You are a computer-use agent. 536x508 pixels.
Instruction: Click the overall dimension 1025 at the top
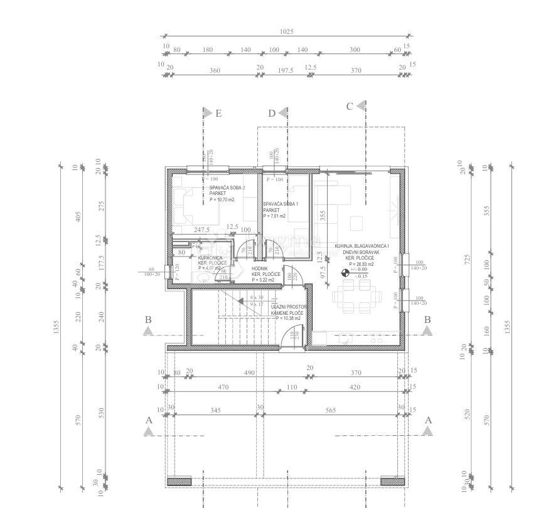click(x=286, y=31)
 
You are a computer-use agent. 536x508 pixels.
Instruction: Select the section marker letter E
click(x=218, y=114)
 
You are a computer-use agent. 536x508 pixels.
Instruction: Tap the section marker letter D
click(x=272, y=114)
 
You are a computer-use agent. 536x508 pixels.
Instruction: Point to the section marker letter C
click(x=350, y=107)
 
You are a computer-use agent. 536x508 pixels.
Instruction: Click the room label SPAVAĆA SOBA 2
click(x=227, y=188)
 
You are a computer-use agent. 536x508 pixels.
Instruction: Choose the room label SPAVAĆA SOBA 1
click(x=281, y=204)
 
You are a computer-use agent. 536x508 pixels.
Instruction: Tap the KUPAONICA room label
click(x=210, y=258)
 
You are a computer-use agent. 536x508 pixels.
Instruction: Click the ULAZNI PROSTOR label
click(x=289, y=307)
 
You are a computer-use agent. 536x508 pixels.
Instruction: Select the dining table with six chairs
click(x=355, y=295)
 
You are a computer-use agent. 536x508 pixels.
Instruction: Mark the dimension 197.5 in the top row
click(x=285, y=71)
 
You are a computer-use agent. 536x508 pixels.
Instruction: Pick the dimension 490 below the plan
click(x=249, y=373)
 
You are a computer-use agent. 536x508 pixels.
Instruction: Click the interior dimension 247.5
click(x=201, y=230)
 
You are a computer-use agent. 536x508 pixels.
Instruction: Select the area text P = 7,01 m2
click(x=274, y=216)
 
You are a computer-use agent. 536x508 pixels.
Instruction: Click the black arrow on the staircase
click(x=241, y=301)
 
